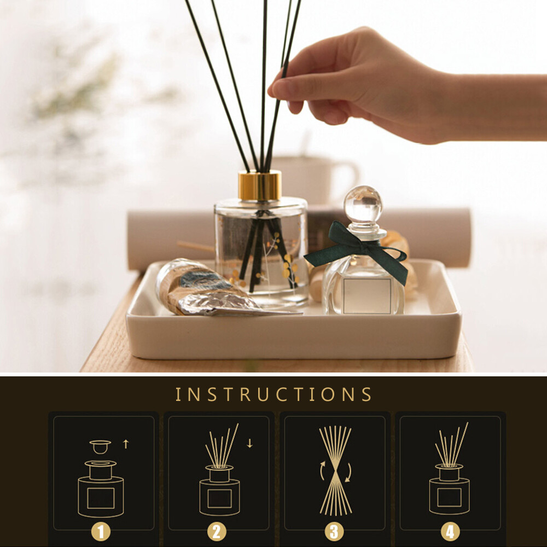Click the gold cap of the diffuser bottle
(259, 185)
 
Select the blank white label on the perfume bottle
(367, 296)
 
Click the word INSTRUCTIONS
(273, 394)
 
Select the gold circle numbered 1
(101, 532)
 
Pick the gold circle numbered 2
(217, 532)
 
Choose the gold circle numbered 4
(450, 532)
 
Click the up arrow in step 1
(126, 444)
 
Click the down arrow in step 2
(250, 444)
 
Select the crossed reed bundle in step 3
(335, 470)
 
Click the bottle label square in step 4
(449, 497)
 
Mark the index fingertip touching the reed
(273, 89)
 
